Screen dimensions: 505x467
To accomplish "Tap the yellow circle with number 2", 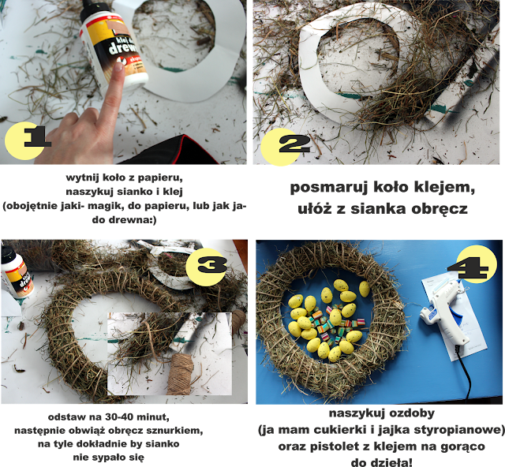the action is [x=279, y=148].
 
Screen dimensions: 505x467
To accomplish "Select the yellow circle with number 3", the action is [x=206, y=267].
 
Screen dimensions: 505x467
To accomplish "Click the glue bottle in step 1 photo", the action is [x=113, y=45].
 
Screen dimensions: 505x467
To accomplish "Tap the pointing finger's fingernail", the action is [x=119, y=67].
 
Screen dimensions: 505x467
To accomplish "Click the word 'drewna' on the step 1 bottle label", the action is [x=124, y=48].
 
